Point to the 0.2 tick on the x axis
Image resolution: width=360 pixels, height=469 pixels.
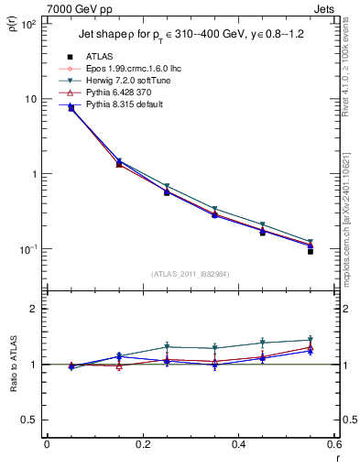click(x=142, y=445)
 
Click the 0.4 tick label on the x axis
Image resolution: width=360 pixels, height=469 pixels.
click(x=238, y=445)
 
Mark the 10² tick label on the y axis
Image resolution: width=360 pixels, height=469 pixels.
click(x=27, y=24)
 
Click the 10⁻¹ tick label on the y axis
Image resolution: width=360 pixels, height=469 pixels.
click(x=27, y=249)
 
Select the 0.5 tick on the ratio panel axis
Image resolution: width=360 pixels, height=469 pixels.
click(x=29, y=420)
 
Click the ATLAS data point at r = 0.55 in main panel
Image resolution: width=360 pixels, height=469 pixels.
click(x=311, y=250)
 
